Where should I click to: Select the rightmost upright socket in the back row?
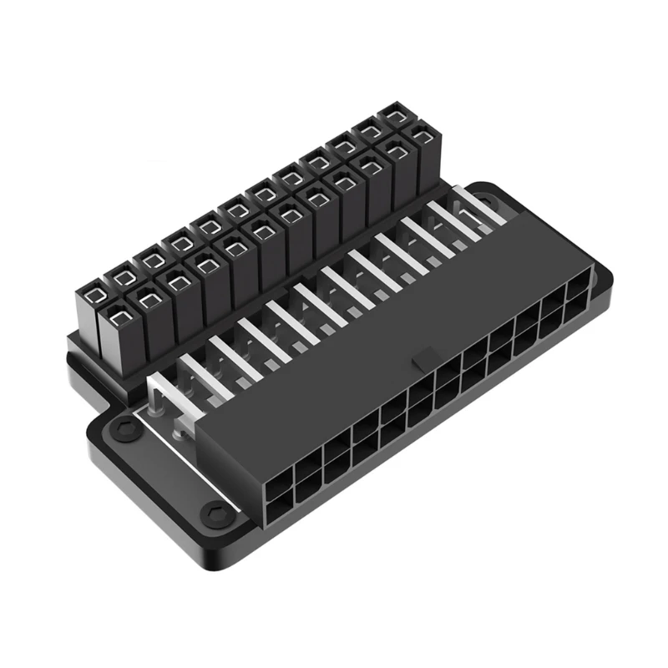(392, 114)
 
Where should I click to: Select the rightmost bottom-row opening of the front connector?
(578, 311)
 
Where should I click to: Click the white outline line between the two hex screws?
(167, 468)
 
